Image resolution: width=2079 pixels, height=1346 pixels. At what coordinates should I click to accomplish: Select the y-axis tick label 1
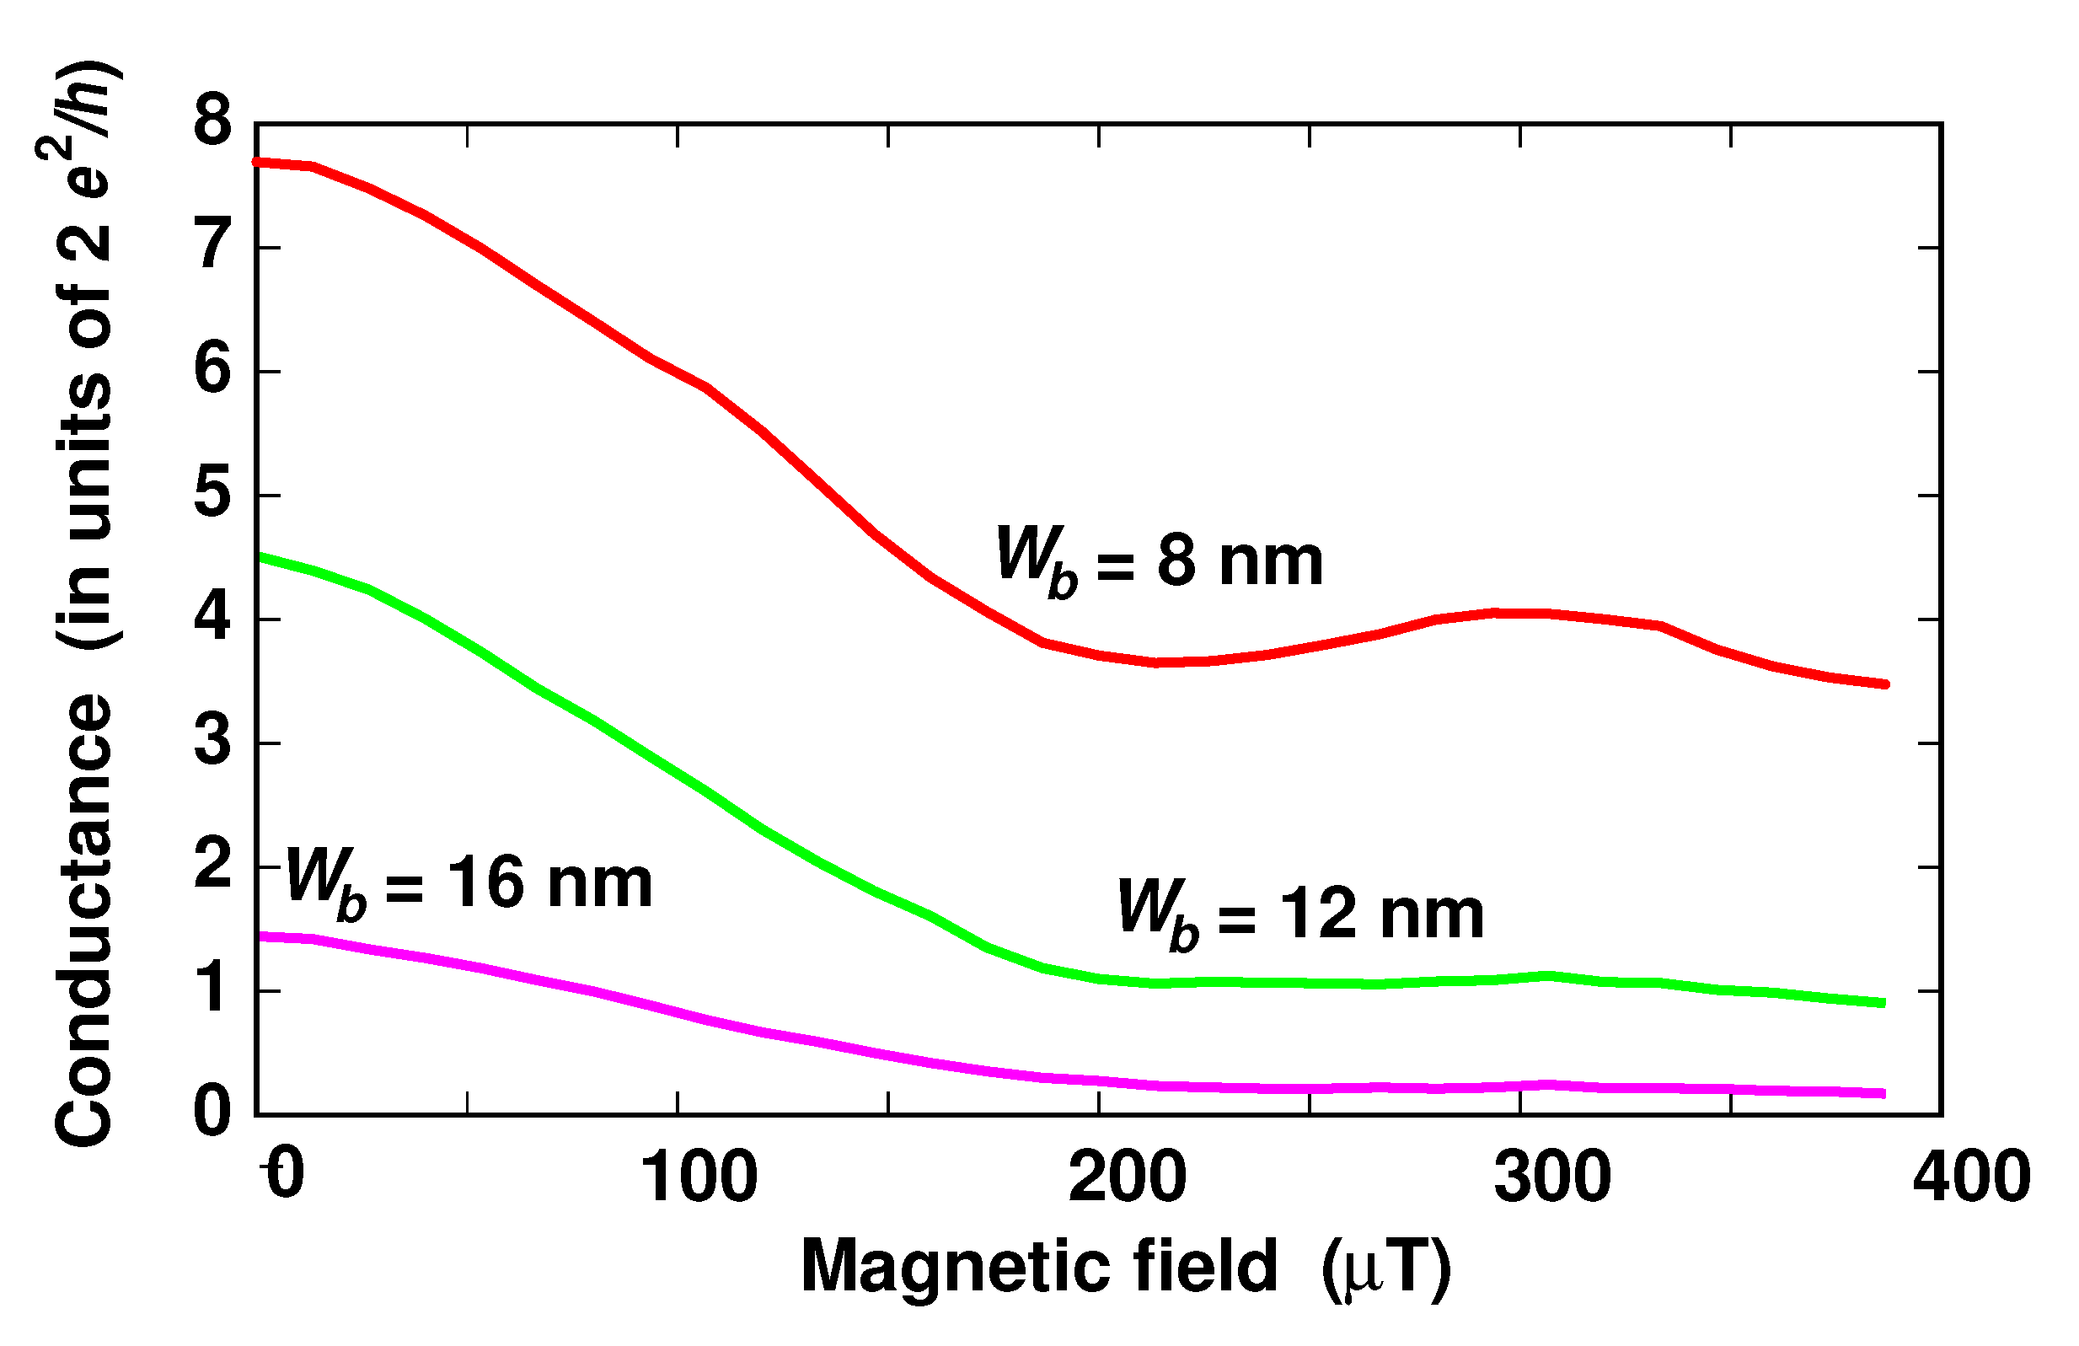[213, 989]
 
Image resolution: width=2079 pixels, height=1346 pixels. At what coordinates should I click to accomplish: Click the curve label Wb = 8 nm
[1160, 560]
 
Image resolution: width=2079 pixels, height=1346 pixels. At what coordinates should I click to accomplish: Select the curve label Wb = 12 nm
[1300, 914]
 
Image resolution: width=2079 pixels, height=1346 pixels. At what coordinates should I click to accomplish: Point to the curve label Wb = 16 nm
[469, 882]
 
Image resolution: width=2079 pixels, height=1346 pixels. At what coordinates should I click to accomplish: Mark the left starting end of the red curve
[257, 163]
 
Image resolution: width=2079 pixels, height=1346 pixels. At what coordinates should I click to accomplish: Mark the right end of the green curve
[1883, 1002]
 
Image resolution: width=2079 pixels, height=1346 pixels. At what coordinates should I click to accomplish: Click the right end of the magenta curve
[1883, 1092]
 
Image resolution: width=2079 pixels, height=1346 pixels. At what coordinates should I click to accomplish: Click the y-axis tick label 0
[213, 1112]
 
